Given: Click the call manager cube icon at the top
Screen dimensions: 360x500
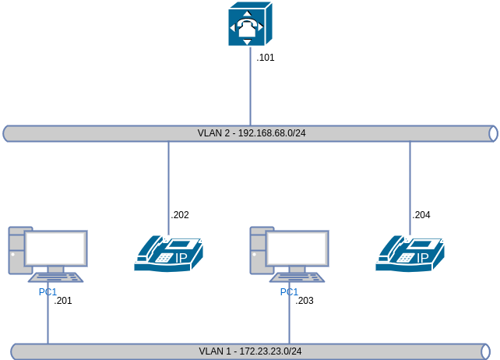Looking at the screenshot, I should (250, 24).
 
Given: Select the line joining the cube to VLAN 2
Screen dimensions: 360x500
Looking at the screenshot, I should (250, 86).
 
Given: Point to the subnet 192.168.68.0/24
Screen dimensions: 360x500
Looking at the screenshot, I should (271, 133).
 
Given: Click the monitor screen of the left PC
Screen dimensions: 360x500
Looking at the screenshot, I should (55, 248).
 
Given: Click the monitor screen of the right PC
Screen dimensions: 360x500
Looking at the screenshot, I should (297, 248).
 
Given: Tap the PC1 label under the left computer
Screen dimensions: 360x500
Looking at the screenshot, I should (48, 292).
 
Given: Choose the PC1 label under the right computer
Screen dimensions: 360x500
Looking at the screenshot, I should (289, 292).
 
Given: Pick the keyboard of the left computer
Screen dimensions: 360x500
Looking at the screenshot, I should (55, 277).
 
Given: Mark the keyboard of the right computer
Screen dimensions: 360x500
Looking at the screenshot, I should (297, 277).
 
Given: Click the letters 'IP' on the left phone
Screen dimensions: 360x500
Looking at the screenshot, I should (181, 258).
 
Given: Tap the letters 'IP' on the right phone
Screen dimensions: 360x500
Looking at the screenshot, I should (422, 258).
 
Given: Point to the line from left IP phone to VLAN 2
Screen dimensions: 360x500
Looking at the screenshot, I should (168, 187).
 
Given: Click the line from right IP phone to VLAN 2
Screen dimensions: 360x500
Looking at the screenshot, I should (410, 187).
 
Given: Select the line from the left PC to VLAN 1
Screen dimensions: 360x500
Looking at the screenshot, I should (48, 319).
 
